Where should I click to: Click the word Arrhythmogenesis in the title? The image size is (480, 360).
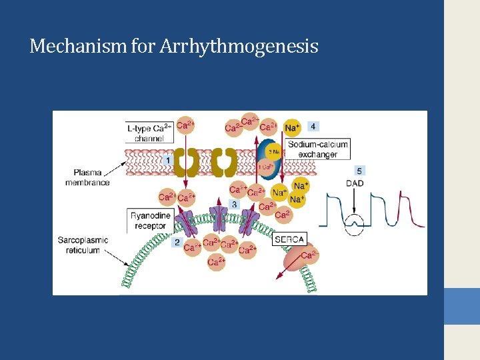point(239,47)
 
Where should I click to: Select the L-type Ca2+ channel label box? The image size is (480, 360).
point(149,133)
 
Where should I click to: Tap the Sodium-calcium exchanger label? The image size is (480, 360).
point(318,149)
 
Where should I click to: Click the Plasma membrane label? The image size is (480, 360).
point(87,177)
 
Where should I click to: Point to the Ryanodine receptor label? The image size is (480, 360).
point(150,221)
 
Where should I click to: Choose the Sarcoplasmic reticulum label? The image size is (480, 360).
point(83,245)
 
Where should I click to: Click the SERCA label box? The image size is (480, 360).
point(289,239)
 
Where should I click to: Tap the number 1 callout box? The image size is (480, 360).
point(169,161)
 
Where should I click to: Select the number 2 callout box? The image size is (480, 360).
point(177,243)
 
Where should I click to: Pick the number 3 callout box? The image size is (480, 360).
point(234,204)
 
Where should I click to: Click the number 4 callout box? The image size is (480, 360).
point(313,126)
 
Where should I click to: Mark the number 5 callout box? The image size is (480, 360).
point(360,170)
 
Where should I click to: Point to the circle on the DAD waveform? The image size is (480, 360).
point(355,227)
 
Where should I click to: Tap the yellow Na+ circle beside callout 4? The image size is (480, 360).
point(292,127)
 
